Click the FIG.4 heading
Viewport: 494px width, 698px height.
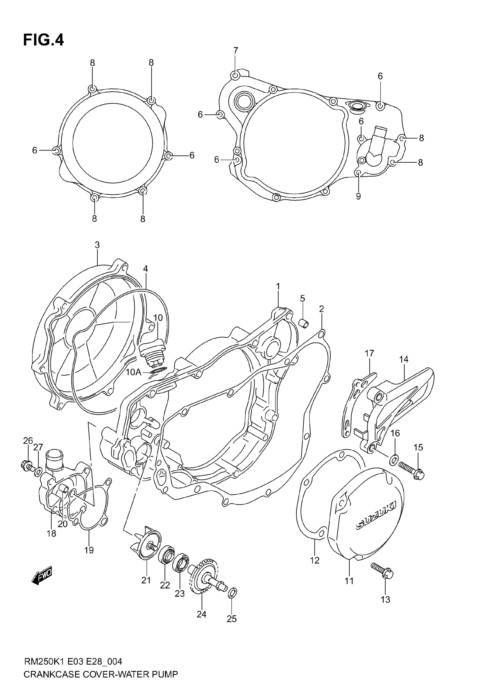(44, 40)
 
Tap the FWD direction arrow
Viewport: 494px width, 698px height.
(42, 575)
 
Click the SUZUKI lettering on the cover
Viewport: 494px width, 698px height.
(376, 515)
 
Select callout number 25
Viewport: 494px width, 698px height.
(232, 619)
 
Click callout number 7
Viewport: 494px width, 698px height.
(236, 51)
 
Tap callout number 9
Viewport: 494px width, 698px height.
(358, 196)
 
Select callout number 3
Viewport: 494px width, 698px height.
(97, 245)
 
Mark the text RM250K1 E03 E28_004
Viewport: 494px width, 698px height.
(73, 661)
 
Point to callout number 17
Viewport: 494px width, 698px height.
(369, 353)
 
